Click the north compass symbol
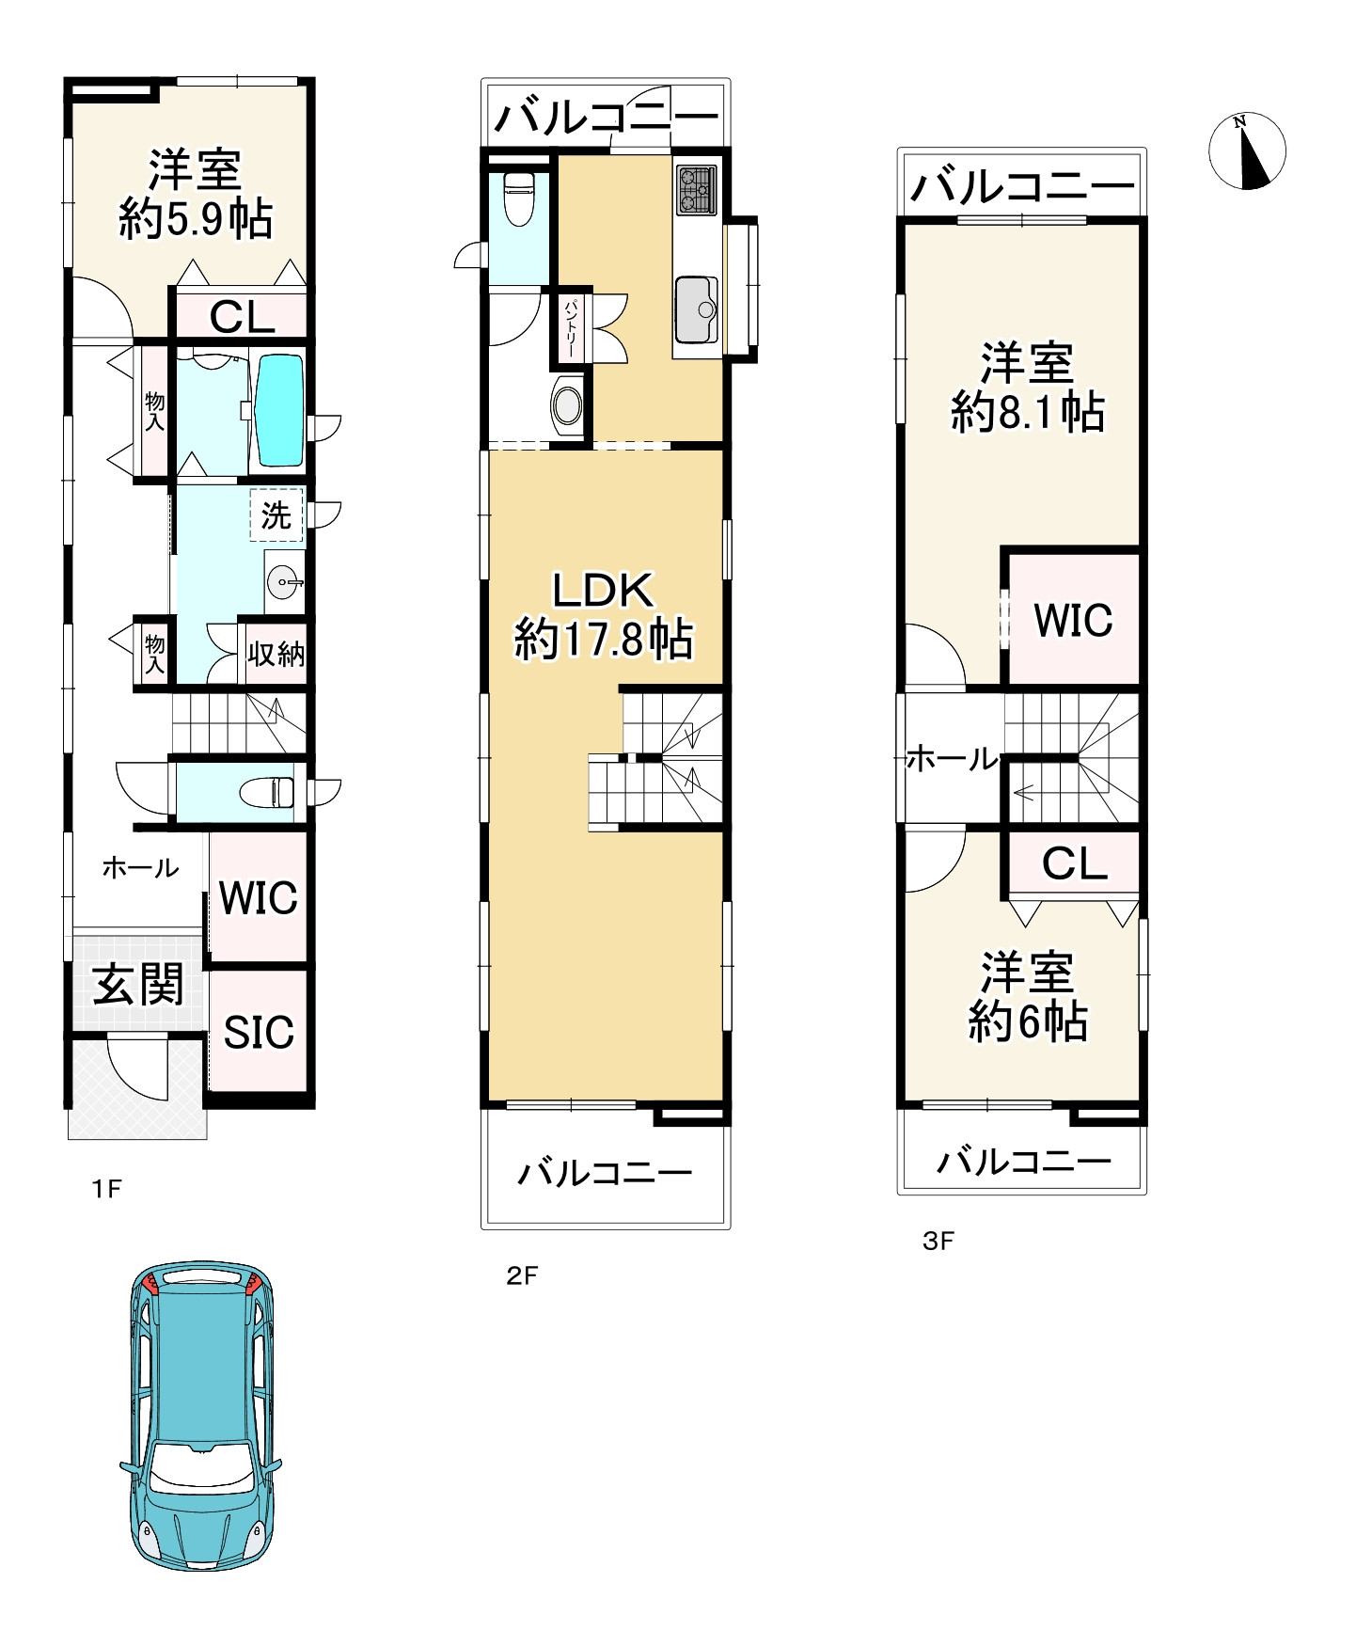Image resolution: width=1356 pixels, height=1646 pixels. tap(1246, 150)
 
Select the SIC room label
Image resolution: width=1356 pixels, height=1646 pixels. tap(259, 1033)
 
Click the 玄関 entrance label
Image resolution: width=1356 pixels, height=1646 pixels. tap(138, 985)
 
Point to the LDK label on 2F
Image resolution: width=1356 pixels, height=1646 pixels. tap(603, 591)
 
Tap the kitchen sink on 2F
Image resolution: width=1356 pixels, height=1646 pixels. tap(697, 310)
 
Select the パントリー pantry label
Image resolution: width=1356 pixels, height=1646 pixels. tap(571, 326)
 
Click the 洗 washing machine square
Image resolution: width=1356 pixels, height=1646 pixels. tap(276, 514)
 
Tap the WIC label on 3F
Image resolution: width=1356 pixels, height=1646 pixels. tap(1073, 621)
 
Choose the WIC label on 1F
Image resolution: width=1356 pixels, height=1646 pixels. tap(259, 898)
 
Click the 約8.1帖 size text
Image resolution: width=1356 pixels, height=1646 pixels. tap(1028, 413)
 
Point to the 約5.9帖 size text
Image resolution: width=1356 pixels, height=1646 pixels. tap(196, 220)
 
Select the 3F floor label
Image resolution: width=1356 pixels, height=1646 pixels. tap(938, 1242)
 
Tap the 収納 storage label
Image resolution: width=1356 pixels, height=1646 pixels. tap(276, 654)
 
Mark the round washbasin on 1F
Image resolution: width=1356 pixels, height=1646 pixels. tap(282, 584)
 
